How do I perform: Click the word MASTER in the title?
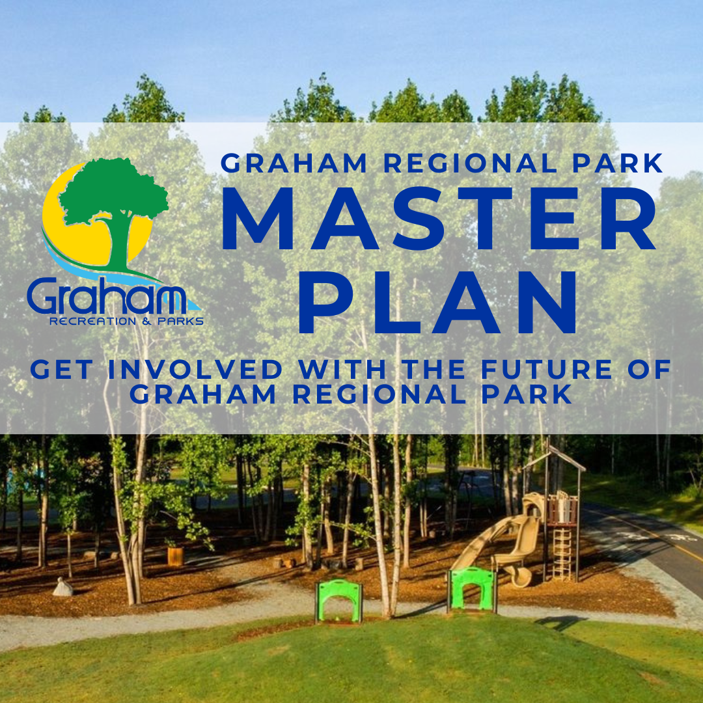tap(439, 218)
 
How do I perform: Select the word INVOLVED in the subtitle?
tap(195, 370)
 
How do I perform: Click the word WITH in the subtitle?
tap(342, 370)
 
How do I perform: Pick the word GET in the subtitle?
tap(62, 370)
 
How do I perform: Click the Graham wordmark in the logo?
tap(107, 296)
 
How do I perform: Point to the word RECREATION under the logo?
tap(93, 322)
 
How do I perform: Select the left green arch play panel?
tap(339, 600)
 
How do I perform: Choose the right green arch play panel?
tap(472, 589)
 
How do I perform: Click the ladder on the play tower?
tap(562, 553)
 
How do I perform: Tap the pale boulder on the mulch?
tap(62, 587)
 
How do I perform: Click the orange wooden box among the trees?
tap(175, 556)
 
